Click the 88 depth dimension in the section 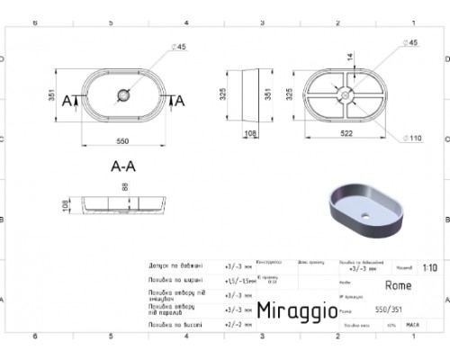pos(124,186)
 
